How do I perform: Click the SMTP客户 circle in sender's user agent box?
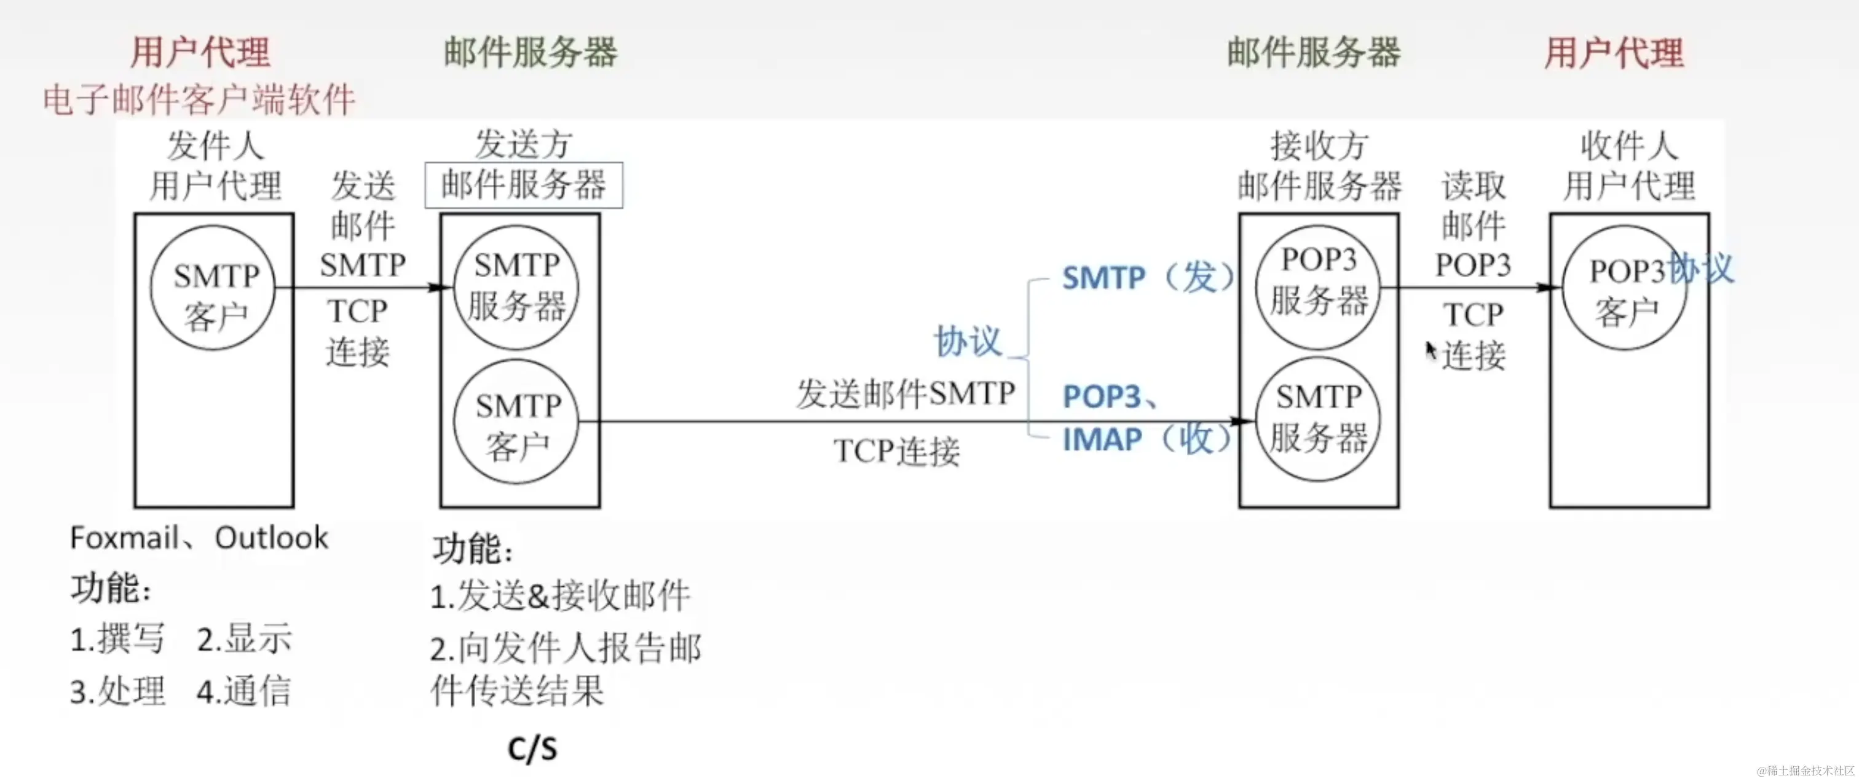[x=213, y=288]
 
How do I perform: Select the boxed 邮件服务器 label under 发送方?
[x=523, y=186]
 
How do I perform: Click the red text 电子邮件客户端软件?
[x=199, y=100]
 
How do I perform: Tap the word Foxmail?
[x=124, y=538]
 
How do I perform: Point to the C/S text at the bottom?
[x=532, y=748]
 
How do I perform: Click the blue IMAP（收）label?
[x=1148, y=439]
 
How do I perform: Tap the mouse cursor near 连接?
[x=1431, y=350]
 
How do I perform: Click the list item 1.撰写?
[x=117, y=640]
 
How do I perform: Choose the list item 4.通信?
[x=244, y=691]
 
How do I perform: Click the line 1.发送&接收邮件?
[x=560, y=597]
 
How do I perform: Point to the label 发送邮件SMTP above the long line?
[x=905, y=394]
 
